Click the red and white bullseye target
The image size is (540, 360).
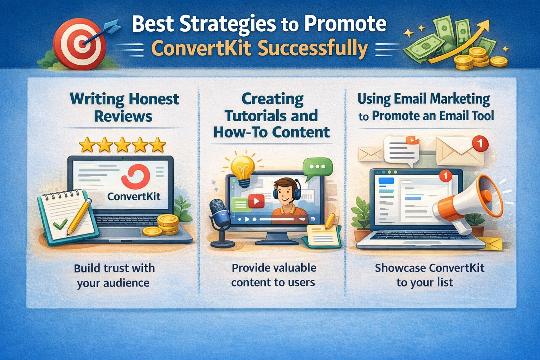pos(80,44)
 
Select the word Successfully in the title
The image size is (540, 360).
pos(313,49)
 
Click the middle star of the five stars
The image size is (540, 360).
pos(122,145)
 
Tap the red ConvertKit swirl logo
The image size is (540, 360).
pos(136,176)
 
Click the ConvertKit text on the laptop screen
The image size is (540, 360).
pos(134,196)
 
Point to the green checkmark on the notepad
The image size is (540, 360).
pos(60,224)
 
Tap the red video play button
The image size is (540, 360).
pos(256,201)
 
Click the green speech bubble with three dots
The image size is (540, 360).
pos(317,167)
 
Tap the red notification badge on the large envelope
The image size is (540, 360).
pos(480,144)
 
